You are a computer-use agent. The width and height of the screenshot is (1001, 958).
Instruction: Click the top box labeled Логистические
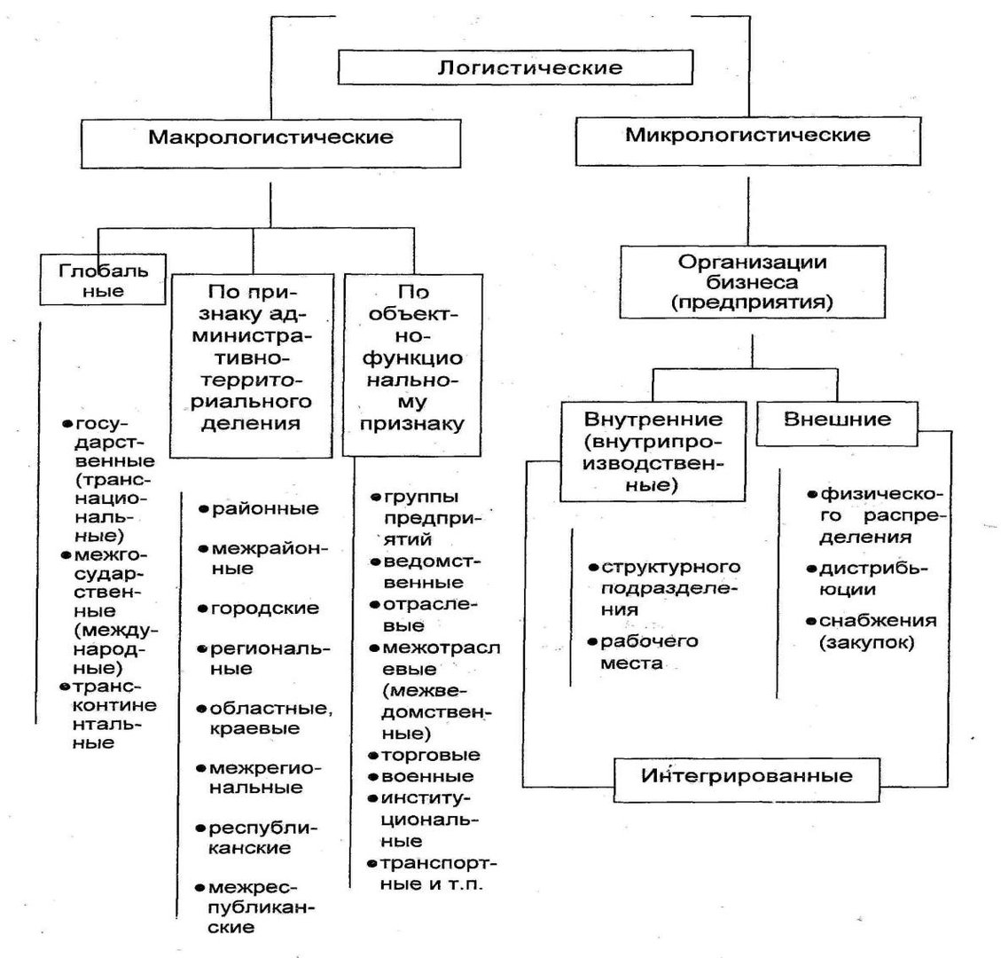pyautogui.click(x=515, y=67)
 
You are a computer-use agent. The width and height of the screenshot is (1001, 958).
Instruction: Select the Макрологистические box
pyautogui.click(x=270, y=144)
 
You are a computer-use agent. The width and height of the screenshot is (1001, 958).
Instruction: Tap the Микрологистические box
pyautogui.click(x=748, y=141)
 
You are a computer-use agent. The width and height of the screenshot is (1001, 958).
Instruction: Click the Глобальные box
pyautogui.click(x=103, y=279)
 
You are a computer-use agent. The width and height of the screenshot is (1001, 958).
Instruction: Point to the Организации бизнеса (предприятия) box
pyautogui.click(x=753, y=282)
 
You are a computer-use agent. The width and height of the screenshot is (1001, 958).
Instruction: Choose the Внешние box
pyautogui.click(x=837, y=423)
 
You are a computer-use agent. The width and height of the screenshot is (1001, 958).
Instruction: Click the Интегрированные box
pyautogui.click(x=747, y=779)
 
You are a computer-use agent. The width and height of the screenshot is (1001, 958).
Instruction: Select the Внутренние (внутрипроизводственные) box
pyautogui.click(x=653, y=451)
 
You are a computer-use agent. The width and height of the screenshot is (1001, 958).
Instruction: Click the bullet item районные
pyautogui.click(x=259, y=508)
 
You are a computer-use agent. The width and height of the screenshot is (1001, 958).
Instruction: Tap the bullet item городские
pyautogui.click(x=259, y=608)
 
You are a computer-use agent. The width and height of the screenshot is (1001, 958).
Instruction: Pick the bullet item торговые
pyautogui.click(x=425, y=755)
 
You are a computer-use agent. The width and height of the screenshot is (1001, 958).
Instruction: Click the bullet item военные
pyautogui.click(x=421, y=777)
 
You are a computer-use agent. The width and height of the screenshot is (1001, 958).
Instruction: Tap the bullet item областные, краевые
pyautogui.click(x=265, y=718)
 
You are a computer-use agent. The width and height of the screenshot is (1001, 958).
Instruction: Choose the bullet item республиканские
pyautogui.click(x=256, y=838)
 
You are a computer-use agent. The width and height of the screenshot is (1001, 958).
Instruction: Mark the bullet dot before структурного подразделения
pyautogui.click(x=594, y=567)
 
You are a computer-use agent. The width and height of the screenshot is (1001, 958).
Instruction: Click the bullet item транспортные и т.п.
pyautogui.click(x=432, y=874)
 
